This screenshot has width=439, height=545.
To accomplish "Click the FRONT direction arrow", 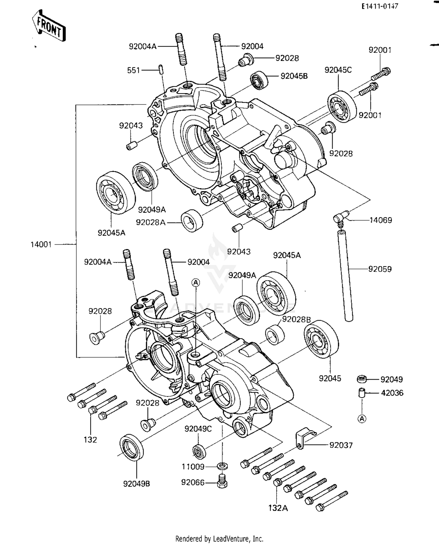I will point(49,26).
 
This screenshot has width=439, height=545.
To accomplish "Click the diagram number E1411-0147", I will point(380,6).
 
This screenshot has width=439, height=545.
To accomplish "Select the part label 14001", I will point(41,244).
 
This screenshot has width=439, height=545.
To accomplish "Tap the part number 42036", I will point(392,393).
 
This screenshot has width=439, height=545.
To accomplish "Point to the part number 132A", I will point(278,508).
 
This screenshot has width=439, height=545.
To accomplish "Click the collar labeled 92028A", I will point(192,221).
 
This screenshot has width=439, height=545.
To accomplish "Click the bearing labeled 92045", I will point(321,339).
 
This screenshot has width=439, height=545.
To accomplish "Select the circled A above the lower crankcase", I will point(196,282).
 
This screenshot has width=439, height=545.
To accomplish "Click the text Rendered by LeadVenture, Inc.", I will point(219,539).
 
